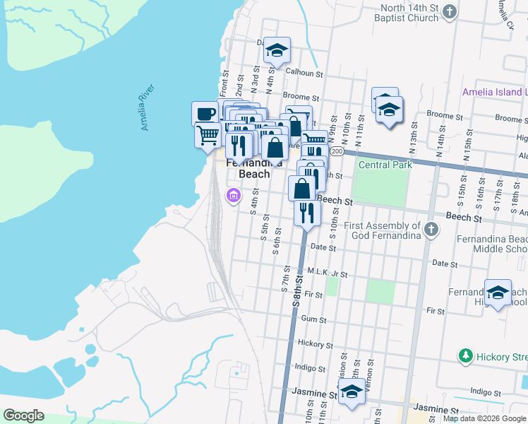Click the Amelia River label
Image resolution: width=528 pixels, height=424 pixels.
pyautogui.click(x=148, y=107)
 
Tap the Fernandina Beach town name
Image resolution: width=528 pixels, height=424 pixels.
pyautogui.click(x=248, y=168)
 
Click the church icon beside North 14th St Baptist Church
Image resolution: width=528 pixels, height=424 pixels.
pyautogui.click(x=451, y=13)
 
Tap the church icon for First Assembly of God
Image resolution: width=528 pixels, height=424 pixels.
pyautogui.click(x=433, y=230)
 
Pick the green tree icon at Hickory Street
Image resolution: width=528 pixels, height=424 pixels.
pyautogui.click(x=465, y=355)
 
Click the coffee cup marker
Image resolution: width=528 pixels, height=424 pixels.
pyautogui.click(x=205, y=113)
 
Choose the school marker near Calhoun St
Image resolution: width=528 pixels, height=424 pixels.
pyautogui.click(x=277, y=50)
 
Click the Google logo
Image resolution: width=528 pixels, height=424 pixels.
pyautogui.click(x=23, y=416)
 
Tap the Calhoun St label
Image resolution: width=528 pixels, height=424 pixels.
pyautogui.click(x=305, y=73)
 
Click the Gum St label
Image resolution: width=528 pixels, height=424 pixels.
pyautogui.click(x=311, y=319)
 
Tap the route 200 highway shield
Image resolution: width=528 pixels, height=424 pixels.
pyautogui.click(x=337, y=151)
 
